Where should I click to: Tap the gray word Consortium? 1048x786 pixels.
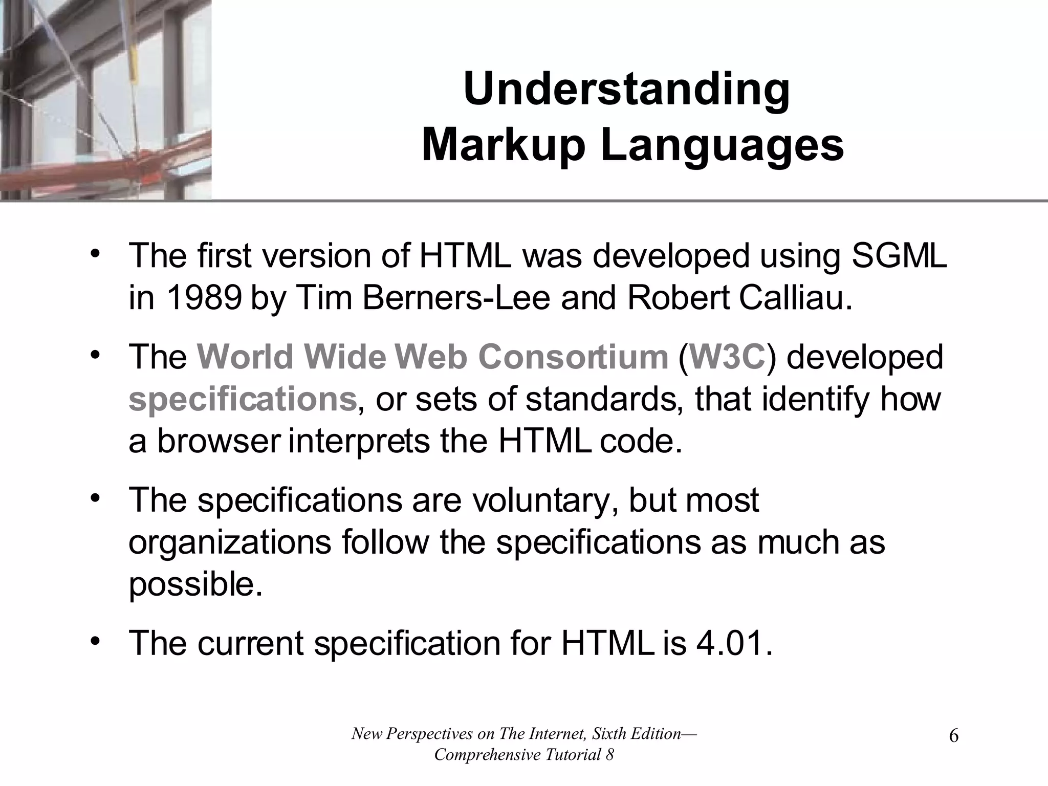(x=573, y=357)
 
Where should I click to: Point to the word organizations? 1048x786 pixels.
(x=230, y=542)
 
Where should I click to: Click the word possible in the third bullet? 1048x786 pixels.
(x=194, y=585)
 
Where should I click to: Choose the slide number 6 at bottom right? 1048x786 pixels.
(x=953, y=737)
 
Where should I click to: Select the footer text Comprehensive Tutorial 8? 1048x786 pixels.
(x=523, y=755)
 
